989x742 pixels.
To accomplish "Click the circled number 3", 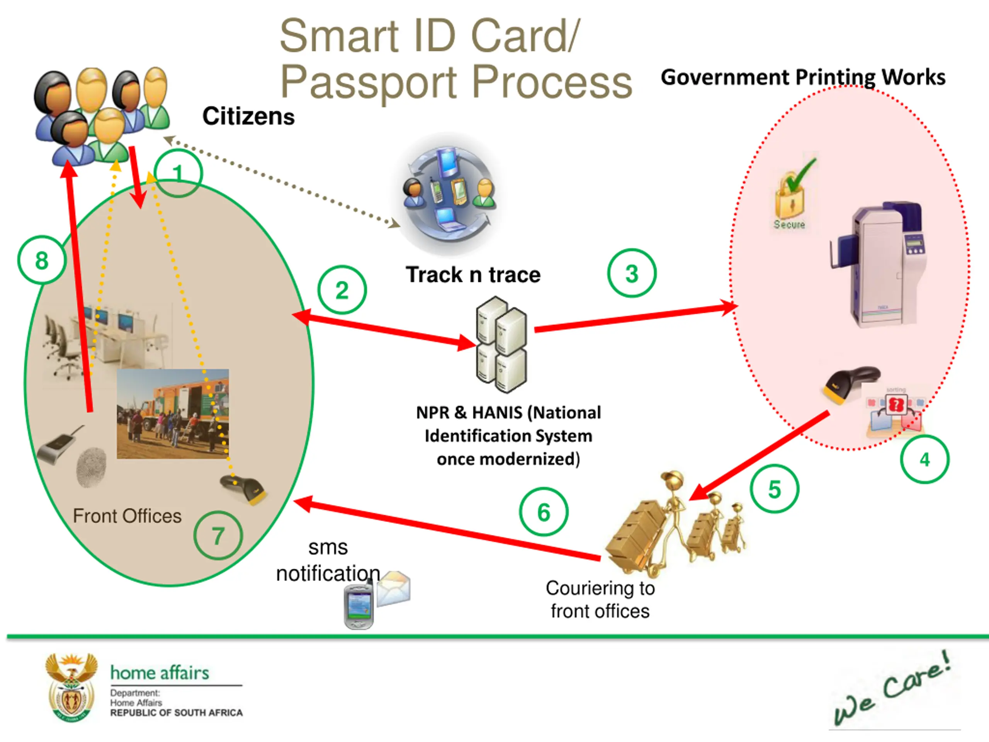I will pyautogui.click(x=632, y=273).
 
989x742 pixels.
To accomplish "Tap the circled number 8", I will pyautogui.click(x=42, y=260).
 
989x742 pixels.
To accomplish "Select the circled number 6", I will pyautogui.click(x=543, y=512).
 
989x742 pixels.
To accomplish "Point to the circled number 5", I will pyautogui.click(x=774, y=489).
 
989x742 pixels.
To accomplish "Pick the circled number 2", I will pyautogui.click(x=342, y=290).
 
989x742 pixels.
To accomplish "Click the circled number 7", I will pyautogui.click(x=218, y=535).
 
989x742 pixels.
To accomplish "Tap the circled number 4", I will pyautogui.click(x=924, y=459).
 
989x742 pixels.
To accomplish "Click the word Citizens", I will pyautogui.click(x=248, y=116).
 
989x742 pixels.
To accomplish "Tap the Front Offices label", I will pyautogui.click(x=127, y=516).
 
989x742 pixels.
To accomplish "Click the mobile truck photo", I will pyautogui.click(x=173, y=414).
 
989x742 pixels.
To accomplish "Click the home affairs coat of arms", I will pyautogui.click(x=71, y=688).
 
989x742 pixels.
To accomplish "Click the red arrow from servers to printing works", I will pyautogui.click(x=635, y=318).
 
